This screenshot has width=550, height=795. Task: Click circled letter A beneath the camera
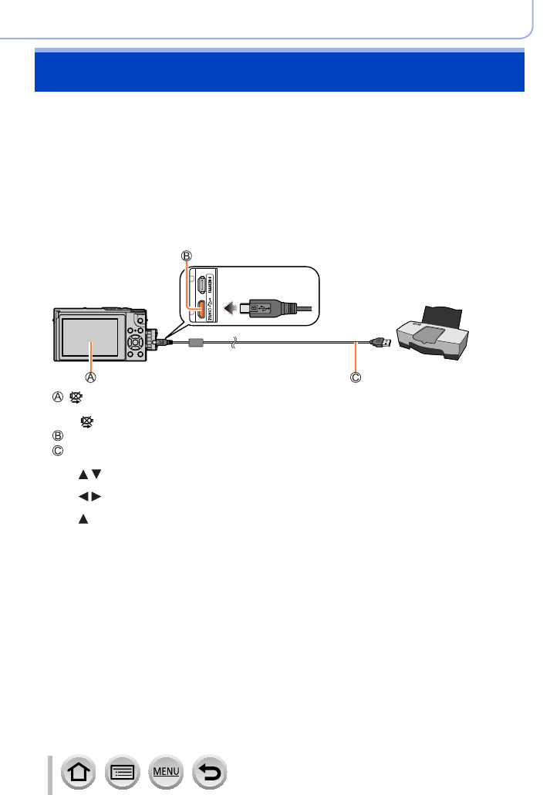(90, 378)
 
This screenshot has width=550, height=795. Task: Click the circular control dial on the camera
(137, 340)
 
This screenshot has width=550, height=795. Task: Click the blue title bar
(279, 72)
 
